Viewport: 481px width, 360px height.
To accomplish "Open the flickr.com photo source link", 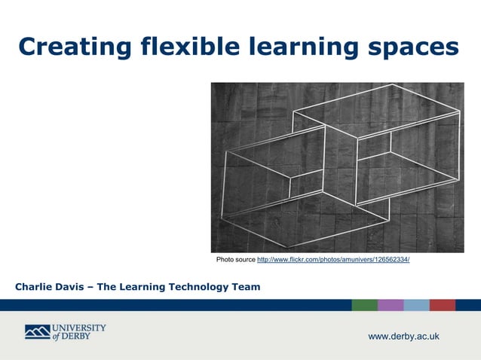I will tap(333, 260).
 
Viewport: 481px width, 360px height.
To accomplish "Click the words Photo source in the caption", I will tap(235, 260).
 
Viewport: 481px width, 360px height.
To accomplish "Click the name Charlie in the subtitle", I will tap(35, 287).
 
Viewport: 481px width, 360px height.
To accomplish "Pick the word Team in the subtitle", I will tap(245, 287).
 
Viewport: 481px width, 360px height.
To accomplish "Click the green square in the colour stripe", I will tap(364, 305).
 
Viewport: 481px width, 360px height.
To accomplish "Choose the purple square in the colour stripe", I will tap(391, 305).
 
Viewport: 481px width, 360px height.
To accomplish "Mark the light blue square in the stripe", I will tap(416, 305).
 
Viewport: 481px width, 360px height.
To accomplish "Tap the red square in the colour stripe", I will tap(443, 305).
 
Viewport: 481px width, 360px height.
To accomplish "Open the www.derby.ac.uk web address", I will tap(403, 336).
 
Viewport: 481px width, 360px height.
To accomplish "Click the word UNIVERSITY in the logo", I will tap(79, 328).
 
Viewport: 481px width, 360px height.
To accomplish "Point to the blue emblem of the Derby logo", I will tap(37, 331).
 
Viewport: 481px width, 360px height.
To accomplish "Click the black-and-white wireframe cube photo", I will tap(337, 167).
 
